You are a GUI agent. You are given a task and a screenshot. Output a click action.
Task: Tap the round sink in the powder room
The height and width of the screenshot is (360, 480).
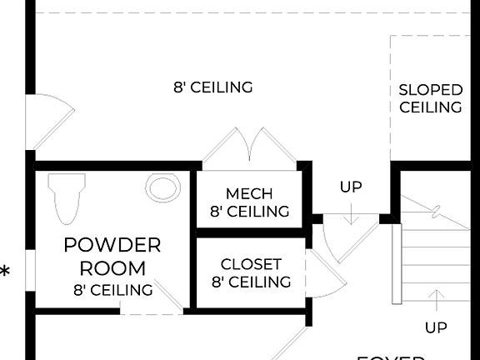coord(162,187)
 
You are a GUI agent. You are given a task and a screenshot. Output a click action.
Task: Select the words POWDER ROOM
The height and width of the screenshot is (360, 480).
coord(112,257)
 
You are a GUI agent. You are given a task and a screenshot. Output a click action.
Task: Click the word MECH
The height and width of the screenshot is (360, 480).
coord(249,193)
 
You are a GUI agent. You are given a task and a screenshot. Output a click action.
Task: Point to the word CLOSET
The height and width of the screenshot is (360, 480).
coord(251,264)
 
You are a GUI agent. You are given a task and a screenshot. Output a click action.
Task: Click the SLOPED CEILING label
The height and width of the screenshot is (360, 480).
coord(430,98)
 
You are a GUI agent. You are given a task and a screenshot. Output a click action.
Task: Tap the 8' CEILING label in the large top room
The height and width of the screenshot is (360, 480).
coord(212,87)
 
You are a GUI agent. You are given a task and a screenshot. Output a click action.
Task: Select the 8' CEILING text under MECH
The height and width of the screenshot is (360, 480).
coord(249,212)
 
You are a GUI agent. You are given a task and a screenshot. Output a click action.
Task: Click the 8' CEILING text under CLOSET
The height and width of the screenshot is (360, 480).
coord(251,282)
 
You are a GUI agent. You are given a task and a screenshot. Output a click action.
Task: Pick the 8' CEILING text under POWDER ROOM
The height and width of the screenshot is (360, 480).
coord(112,290)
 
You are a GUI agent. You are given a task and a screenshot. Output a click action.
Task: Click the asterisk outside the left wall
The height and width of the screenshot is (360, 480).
coord(6,272)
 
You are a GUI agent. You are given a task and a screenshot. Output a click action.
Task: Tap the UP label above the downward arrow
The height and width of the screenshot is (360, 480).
coord(351,187)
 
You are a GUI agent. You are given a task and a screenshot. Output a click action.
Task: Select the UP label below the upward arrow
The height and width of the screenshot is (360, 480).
coord(436,327)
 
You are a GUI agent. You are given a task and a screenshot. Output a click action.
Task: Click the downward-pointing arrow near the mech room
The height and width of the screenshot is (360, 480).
coord(351,213)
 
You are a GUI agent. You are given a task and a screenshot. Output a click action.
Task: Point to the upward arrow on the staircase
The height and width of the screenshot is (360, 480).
coord(436,300)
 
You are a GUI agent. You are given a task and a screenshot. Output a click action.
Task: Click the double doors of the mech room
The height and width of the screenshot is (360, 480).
coord(249,147)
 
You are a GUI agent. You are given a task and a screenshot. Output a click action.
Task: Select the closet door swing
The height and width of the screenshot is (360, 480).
coord(324,271)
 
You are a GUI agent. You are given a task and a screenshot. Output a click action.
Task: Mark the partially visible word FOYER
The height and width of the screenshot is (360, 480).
coord(392,357)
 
